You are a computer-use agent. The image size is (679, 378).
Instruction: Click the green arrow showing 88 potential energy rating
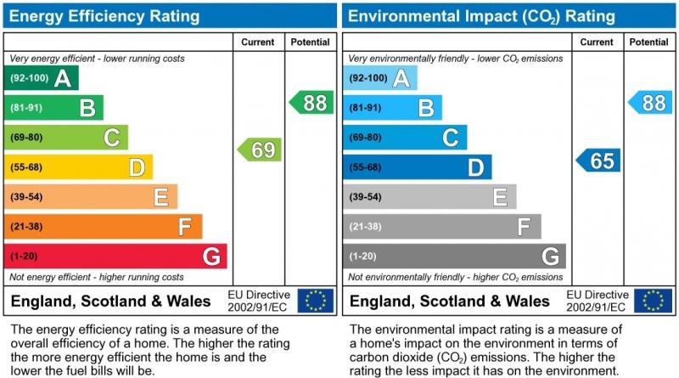311,103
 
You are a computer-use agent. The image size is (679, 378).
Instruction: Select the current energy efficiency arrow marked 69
259,150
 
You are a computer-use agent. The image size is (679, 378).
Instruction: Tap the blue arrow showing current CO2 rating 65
598,161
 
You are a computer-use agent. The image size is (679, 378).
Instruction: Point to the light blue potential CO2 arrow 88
650,103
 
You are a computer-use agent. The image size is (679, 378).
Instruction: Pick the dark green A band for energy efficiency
42,78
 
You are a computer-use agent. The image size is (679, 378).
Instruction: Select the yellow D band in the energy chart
79,167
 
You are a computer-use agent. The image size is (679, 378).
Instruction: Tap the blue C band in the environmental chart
406,138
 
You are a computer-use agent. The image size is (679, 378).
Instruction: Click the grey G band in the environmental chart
455,256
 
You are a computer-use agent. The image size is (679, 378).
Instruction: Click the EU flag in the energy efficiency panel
316,300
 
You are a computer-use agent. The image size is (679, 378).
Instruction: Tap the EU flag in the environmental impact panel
656,300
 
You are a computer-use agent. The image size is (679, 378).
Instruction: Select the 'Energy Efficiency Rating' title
105,16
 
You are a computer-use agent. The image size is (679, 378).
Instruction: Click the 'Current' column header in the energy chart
258,42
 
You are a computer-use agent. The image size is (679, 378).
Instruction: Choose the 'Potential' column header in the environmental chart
649,42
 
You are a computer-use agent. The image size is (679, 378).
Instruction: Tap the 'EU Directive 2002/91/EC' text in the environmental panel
597,300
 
